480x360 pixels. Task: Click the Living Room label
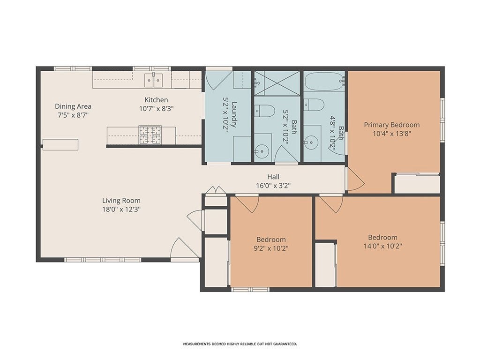click(x=121, y=201)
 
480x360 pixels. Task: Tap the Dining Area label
click(x=73, y=106)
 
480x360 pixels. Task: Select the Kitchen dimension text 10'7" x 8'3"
click(x=157, y=108)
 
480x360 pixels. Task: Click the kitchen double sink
click(x=153, y=81)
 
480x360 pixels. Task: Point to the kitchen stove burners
click(x=150, y=135)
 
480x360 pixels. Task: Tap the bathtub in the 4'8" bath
click(x=324, y=81)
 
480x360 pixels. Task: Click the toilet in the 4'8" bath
click(x=315, y=105)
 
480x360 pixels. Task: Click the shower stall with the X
click(x=277, y=83)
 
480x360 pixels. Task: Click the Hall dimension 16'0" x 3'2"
click(x=273, y=186)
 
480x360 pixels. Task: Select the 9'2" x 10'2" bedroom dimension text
click(x=271, y=248)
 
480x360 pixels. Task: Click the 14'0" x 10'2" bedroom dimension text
click(x=383, y=246)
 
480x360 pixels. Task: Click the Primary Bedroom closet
click(x=417, y=184)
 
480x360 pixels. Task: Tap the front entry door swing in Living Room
click(x=184, y=248)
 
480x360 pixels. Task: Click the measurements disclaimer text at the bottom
click(x=240, y=344)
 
